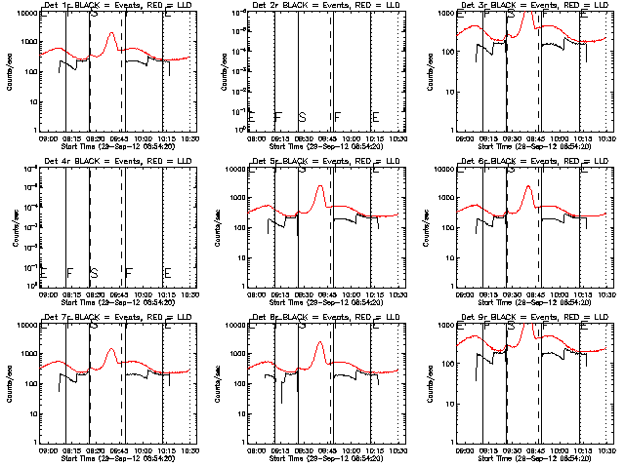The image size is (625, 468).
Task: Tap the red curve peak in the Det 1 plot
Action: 112,33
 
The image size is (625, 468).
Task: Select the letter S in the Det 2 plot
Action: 302,117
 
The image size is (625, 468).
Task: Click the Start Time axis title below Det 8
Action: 324,458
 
